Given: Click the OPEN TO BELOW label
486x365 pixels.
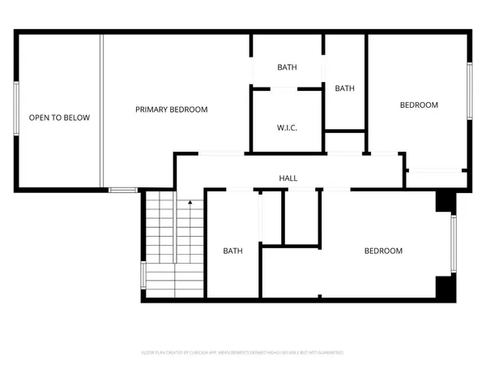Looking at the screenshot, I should click(x=59, y=118).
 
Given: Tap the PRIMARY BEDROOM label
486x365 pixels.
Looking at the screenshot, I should click(x=171, y=110).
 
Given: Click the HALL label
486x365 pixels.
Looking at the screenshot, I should click(x=288, y=178).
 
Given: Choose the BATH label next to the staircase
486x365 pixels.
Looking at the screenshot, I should click(x=233, y=251).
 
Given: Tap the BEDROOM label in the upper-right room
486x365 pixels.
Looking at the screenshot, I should click(x=419, y=105).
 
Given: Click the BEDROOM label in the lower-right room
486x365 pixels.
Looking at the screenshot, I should click(x=382, y=251).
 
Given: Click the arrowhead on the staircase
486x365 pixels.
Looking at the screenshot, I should click(x=190, y=203).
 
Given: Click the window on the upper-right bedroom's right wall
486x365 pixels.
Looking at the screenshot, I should click(x=469, y=91).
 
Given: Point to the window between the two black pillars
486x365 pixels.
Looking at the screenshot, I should click(x=454, y=244).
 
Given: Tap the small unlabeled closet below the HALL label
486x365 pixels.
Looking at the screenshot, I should click(x=298, y=216).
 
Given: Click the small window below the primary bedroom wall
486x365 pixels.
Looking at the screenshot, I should click(x=123, y=190).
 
